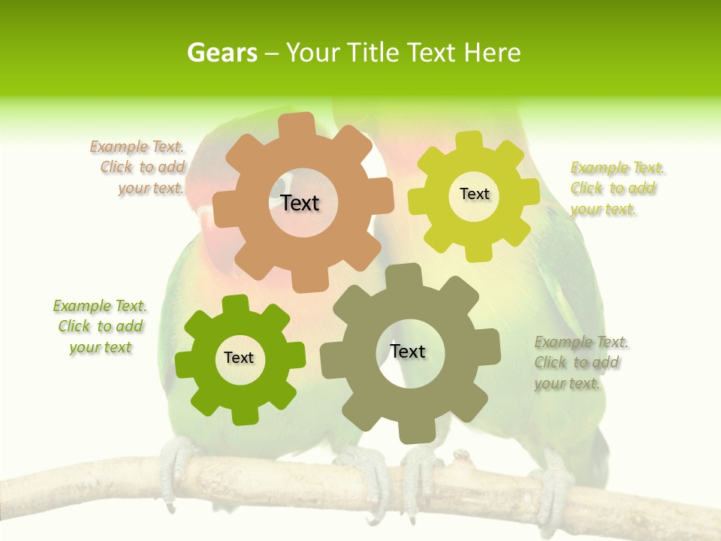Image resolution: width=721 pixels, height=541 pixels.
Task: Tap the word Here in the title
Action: click(492, 53)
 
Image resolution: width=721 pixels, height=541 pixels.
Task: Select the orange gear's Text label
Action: click(300, 203)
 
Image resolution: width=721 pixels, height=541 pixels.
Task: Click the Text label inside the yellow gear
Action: click(474, 194)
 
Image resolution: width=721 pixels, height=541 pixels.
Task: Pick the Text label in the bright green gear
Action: click(239, 358)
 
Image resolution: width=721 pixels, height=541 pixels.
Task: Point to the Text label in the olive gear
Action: click(408, 351)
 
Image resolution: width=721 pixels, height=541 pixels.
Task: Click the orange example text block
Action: click(139, 168)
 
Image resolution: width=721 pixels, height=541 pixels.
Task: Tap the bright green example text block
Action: click(100, 327)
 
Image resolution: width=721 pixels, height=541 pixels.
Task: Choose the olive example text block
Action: click(581, 363)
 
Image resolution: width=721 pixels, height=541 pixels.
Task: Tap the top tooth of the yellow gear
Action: click(469, 141)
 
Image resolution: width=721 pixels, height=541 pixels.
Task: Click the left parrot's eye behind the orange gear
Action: click(279, 185)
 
